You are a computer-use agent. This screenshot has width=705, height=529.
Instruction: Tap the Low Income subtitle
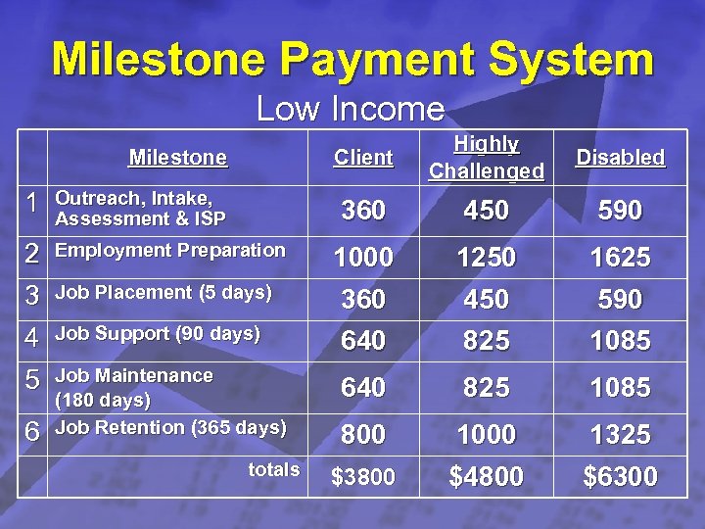pos(350,108)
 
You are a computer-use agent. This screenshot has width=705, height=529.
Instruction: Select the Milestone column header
pos(177,157)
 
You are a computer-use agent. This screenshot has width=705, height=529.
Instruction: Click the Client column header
pos(363,157)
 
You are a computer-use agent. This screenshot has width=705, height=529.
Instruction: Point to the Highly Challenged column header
pos(487,157)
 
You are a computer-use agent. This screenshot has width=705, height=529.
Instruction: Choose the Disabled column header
pos(620,157)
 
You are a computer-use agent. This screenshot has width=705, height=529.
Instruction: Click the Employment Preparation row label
pos(170,250)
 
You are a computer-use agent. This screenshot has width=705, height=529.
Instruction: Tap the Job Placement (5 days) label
pos(163,292)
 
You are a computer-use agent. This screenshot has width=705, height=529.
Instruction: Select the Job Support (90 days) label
pos(158,333)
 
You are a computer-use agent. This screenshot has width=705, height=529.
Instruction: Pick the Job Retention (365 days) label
pos(170,427)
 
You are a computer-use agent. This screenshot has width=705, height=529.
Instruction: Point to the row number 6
pos(32,430)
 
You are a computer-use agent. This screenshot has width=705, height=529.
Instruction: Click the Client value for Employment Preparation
pos(363,258)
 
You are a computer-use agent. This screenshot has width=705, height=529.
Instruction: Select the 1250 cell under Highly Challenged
pos(487,258)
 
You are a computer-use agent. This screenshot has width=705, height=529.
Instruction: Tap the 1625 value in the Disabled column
pos(620,258)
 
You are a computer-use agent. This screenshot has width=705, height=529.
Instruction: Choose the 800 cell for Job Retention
pos(363,434)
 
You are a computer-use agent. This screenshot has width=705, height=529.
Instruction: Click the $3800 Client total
pos(363,477)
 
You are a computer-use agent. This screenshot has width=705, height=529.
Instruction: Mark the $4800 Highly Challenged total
pos(487,477)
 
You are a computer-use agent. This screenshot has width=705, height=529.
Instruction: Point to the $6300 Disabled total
pos(620,477)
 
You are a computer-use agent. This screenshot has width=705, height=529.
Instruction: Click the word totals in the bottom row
pos(274,469)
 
